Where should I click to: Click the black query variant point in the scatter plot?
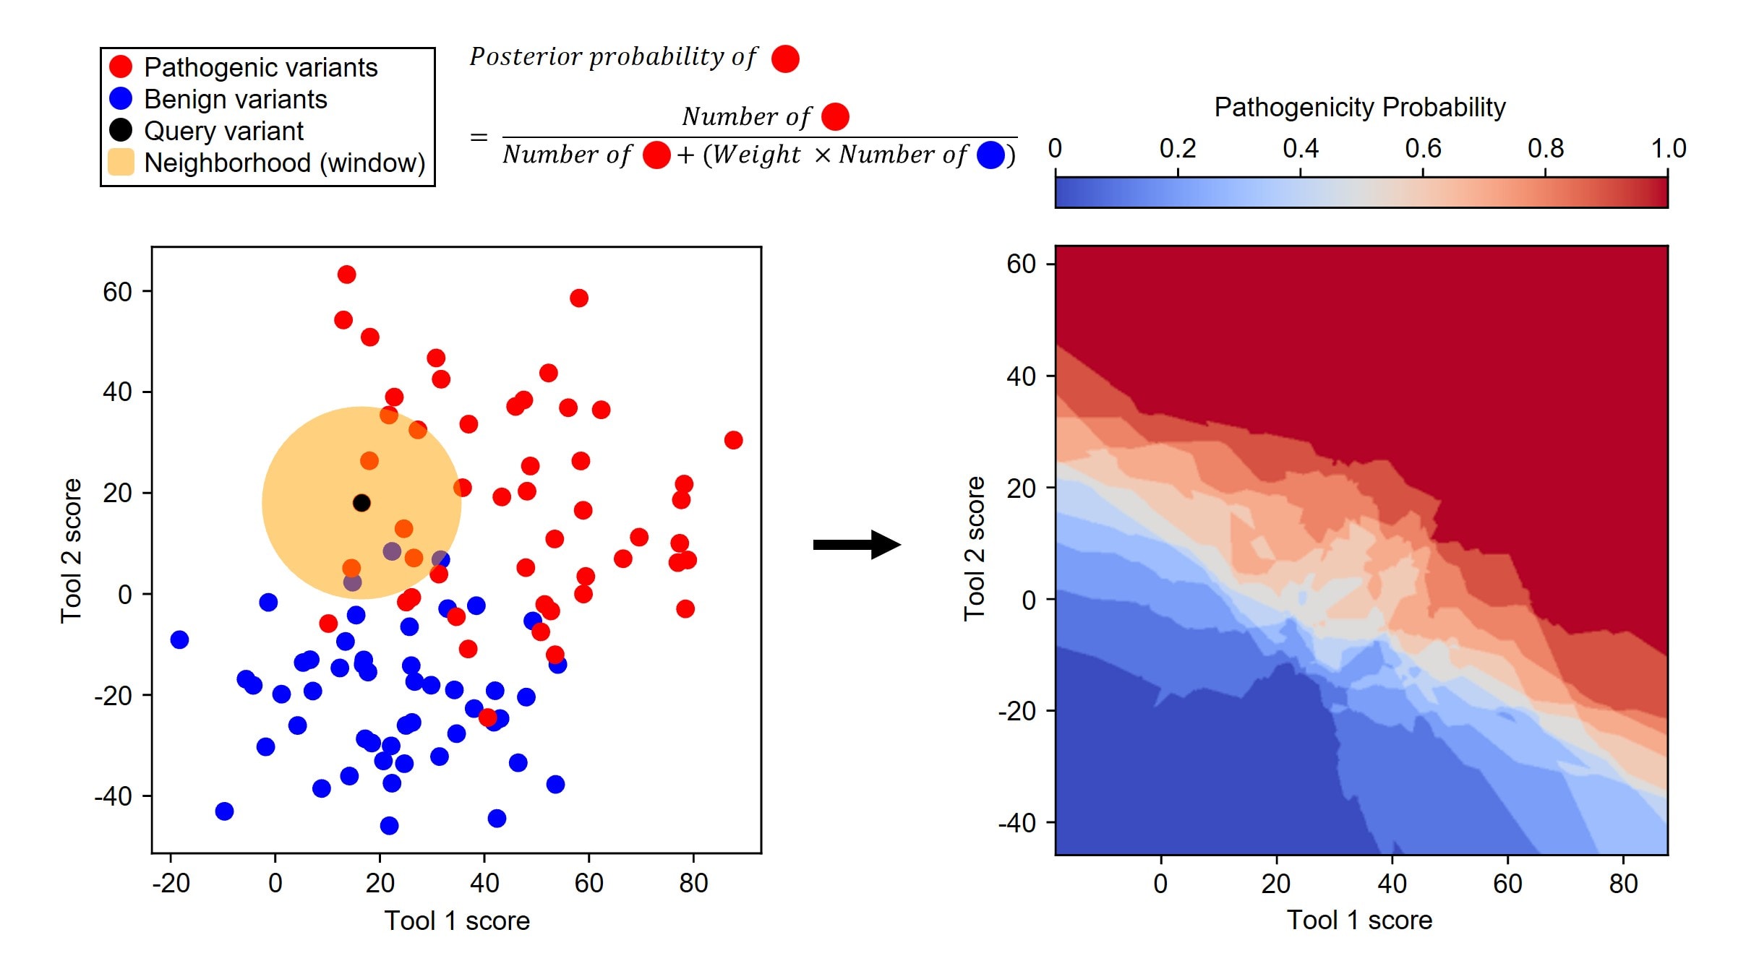pyautogui.click(x=361, y=503)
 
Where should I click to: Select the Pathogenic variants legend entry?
pyautogui.click(x=260, y=67)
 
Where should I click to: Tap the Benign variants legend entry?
pyautogui.click(x=235, y=99)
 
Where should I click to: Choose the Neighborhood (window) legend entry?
pyautogui.click(x=284, y=163)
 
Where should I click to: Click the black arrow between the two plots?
pyautogui.click(x=857, y=544)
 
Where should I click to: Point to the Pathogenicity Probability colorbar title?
pyautogui.click(x=1359, y=107)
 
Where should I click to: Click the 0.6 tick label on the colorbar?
pyautogui.click(x=1422, y=149)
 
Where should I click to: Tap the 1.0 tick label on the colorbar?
pyautogui.click(x=1667, y=149)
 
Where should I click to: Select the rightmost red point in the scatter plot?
pyautogui.click(x=733, y=440)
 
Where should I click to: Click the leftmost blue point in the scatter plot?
pyautogui.click(x=179, y=639)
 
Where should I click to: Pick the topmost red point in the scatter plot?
pyautogui.click(x=346, y=275)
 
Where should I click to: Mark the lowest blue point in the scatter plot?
pyautogui.click(x=389, y=825)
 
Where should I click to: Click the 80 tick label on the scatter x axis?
pyautogui.click(x=693, y=883)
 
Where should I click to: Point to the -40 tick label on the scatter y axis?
pyautogui.click(x=114, y=796)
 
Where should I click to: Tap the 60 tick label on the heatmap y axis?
pyautogui.click(x=1021, y=264)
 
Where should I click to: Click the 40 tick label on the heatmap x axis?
pyautogui.click(x=1392, y=884)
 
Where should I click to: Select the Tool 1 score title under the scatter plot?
pyautogui.click(x=457, y=921)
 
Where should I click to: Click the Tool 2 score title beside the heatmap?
pyautogui.click(x=974, y=548)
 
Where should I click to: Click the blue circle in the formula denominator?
pyautogui.click(x=990, y=155)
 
